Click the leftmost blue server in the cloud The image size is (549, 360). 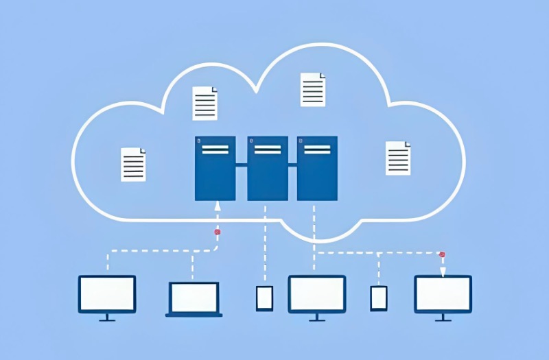pos(215,168)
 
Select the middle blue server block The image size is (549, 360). pos(267,168)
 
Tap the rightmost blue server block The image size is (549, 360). pos(317,168)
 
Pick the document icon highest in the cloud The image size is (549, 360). pos(313,89)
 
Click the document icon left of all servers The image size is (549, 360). pos(133,165)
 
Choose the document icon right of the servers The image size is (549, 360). pos(397,158)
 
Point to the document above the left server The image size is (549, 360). pos(205,103)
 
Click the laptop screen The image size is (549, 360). pos(194,297)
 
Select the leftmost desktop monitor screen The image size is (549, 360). pos(107,293)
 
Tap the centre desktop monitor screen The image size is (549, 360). pos(316,293)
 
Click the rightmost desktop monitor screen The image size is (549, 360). pos(443,293)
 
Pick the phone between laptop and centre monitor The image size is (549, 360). pos(264,298)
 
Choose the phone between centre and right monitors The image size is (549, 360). pos(379,298)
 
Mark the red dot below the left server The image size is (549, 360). pos(218,232)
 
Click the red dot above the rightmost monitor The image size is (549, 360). pos(442,254)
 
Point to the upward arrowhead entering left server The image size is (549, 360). pos(218,204)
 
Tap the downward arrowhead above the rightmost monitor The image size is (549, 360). pos(443,272)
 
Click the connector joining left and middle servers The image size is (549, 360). pos(241,165)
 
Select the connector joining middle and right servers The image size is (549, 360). pos(292,165)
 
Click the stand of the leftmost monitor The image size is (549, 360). pos(107,317)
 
